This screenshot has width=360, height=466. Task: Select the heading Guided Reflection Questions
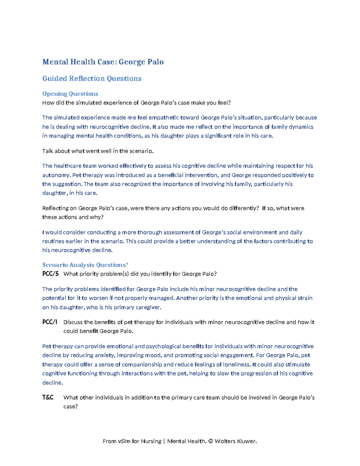pos(92,79)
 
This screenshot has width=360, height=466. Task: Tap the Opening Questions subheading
pos(70,94)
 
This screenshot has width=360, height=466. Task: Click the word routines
pos(53,241)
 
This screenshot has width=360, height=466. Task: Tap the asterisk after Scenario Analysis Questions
pos(127,264)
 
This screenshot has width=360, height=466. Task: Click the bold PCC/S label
pos(50,274)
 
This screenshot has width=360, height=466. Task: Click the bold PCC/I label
pos(49,322)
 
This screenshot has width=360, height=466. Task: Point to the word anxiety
pos(104,355)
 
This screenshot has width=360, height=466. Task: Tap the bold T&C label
pos(48,398)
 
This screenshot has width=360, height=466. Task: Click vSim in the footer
pos(124,441)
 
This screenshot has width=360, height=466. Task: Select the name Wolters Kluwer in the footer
pos(235,441)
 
